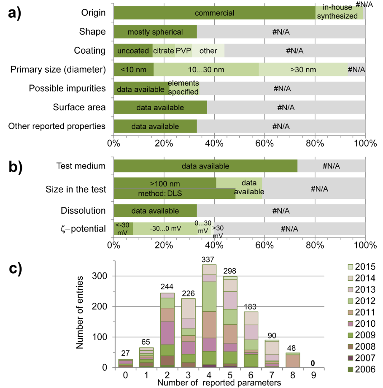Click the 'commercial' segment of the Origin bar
(x=214, y=13)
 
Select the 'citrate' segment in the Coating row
(x=163, y=51)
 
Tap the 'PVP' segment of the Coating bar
(x=183, y=51)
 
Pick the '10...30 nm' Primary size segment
(x=206, y=69)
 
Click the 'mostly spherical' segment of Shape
(x=155, y=32)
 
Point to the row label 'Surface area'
(x=79, y=107)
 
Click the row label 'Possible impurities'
(x=67, y=88)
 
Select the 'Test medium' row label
(x=81, y=166)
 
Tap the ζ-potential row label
(x=83, y=229)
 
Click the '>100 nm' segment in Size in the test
(x=165, y=184)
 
